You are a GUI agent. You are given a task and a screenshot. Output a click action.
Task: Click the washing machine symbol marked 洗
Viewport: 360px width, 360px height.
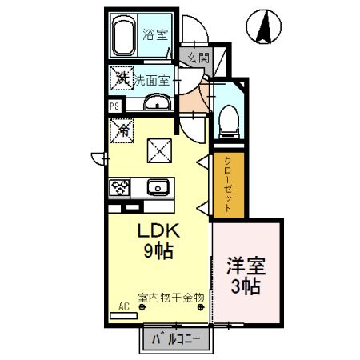pyautogui.click(x=122, y=78)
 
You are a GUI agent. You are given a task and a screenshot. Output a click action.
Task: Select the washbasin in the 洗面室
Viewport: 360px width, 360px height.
pyautogui.click(x=158, y=102)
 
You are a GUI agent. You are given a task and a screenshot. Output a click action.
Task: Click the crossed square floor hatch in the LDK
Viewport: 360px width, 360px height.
pyautogui.click(x=157, y=149)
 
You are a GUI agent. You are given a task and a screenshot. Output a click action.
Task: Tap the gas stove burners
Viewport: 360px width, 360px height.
pyautogui.click(x=121, y=188)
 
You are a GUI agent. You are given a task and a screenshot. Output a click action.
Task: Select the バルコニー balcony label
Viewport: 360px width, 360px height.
pyautogui.click(x=177, y=339)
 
